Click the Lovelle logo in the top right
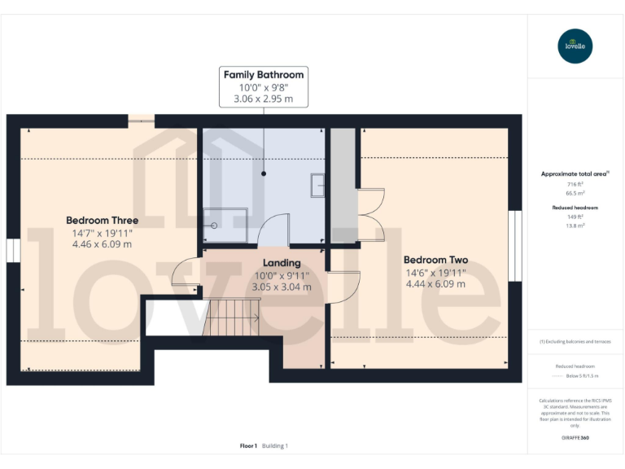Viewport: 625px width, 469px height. tap(575, 46)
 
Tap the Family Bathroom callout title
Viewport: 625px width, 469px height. tap(264, 74)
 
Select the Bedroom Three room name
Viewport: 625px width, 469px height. tap(102, 220)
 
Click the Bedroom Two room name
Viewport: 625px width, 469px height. tap(435, 261)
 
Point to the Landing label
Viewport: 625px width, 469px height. tap(282, 263)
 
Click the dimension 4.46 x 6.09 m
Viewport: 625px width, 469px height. tap(102, 243)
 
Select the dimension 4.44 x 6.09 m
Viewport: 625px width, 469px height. tap(435, 284)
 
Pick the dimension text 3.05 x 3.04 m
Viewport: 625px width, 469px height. tap(282, 287)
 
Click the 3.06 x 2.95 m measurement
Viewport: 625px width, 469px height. tap(264, 99)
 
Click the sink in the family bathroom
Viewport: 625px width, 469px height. tap(317, 186)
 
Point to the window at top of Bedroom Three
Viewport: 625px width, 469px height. tap(141, 121)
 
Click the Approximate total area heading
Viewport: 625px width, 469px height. tap(575, 173)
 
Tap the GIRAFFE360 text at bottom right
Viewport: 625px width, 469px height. tap(575, 438)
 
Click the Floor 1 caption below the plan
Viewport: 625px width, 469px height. tap(248, 445)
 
